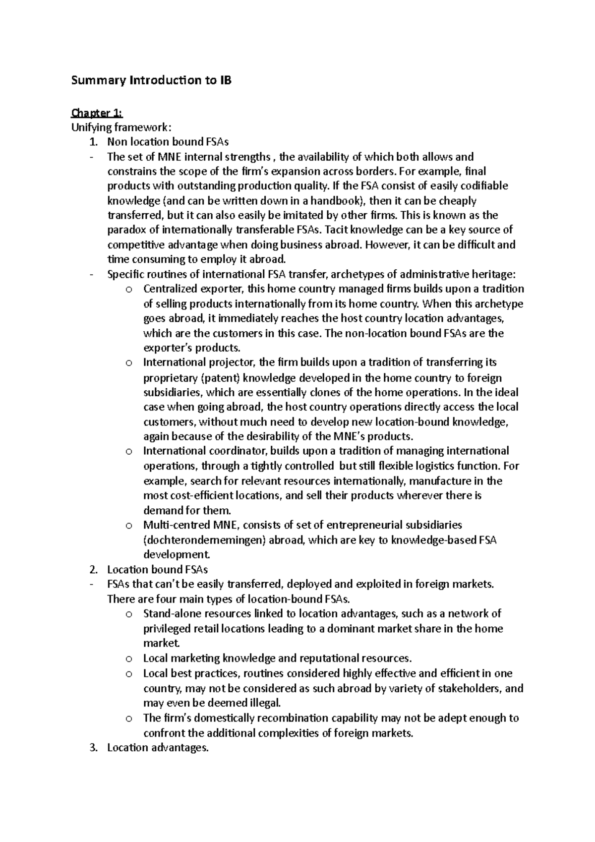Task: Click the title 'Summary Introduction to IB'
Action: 151,80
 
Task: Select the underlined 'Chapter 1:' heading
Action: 93,113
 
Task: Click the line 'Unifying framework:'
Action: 116,127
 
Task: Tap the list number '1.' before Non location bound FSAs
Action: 93,142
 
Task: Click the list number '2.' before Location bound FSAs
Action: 93,569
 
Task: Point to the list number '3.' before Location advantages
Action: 93,747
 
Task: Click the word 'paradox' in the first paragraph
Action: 124,230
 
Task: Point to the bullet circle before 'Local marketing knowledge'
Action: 129,659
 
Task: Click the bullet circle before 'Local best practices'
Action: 129,674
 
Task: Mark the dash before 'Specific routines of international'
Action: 91,274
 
